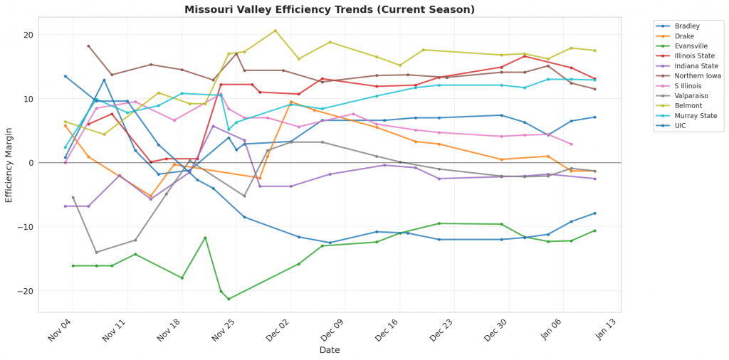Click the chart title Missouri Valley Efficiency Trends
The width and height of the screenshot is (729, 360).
click(x=330, y=9)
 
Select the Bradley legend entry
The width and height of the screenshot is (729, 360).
click(x=687, y=26)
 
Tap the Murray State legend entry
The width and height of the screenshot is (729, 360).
click(x=694, y=116)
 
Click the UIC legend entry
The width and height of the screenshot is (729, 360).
click(x=681, y=126)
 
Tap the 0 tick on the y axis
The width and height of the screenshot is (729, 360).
click(x=31, y=163)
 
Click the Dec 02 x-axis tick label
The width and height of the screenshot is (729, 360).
click(x=280, y=332)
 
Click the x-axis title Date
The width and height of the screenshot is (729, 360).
click(x=330, y=350)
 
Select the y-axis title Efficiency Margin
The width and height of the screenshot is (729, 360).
click(x=9, y=163)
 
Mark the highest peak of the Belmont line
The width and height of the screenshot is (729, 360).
click(x=276, y=31)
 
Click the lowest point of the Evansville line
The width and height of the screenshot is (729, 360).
click(x=229, y=299)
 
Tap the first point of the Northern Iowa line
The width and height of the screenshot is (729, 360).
click(x=88, y=46)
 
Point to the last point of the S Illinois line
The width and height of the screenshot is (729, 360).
click(x=571, y=144)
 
